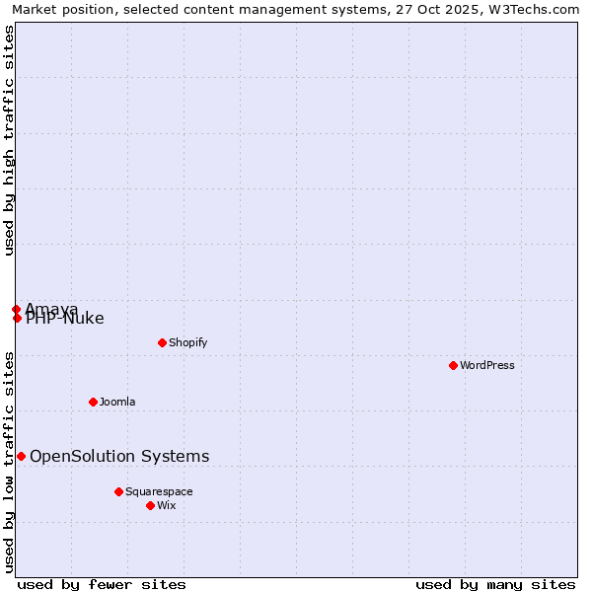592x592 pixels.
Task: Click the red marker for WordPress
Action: click(453, 365)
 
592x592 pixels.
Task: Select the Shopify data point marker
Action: click(162, 342)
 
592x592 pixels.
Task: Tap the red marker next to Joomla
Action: click(93, 402)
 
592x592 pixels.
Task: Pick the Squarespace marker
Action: click(118, 491)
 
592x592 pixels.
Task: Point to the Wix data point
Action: click(150, 505)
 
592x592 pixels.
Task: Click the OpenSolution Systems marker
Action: click(21, 456)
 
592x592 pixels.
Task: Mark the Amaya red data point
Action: click(16, 309)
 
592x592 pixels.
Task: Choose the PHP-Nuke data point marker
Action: click(17, 318)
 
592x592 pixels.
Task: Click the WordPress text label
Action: click(487, 365)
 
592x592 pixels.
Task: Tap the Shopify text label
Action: click(187, 342)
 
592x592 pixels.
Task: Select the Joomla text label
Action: click(117, 402)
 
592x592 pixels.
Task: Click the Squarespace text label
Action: click(159, 491)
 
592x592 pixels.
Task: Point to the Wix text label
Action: click(167, 505)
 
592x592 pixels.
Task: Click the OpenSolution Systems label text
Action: click(119, 456)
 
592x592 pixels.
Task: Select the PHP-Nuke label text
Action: click(65, 319)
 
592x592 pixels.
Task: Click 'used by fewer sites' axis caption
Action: click(102, 584)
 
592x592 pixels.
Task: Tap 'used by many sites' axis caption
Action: click(495, 584)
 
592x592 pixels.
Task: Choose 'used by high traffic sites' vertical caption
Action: click(9, 140)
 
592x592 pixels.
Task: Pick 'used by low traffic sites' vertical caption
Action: click(9, 462)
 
